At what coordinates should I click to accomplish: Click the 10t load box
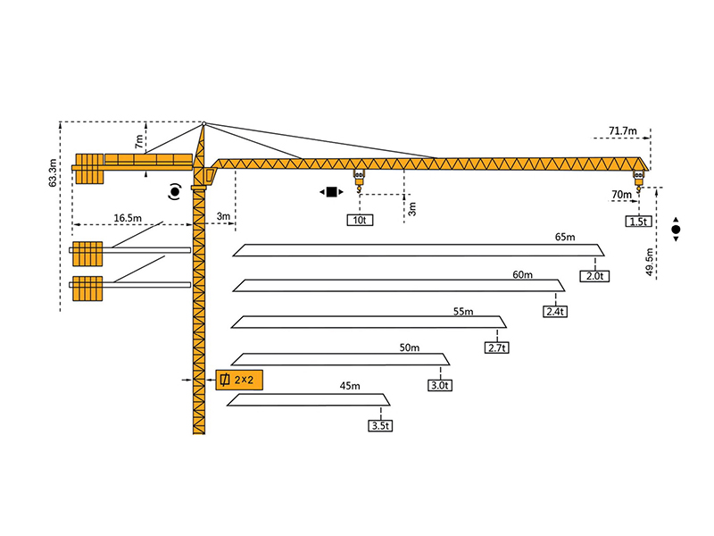359,220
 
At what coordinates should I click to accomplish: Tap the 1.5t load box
638,222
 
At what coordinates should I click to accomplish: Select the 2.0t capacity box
595,276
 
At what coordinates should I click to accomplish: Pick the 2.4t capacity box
554,312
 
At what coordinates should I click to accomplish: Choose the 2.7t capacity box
496,348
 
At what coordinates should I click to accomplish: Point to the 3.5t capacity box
380,426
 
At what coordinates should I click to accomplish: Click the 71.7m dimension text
623,131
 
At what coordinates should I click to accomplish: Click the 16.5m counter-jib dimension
129,217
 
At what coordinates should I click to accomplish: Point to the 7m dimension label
138,140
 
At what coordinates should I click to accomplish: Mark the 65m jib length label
565,238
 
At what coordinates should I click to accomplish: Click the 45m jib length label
349,386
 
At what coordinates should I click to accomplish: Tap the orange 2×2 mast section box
240,381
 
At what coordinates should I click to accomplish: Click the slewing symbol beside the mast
175,190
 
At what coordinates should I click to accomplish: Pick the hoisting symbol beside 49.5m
676,230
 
